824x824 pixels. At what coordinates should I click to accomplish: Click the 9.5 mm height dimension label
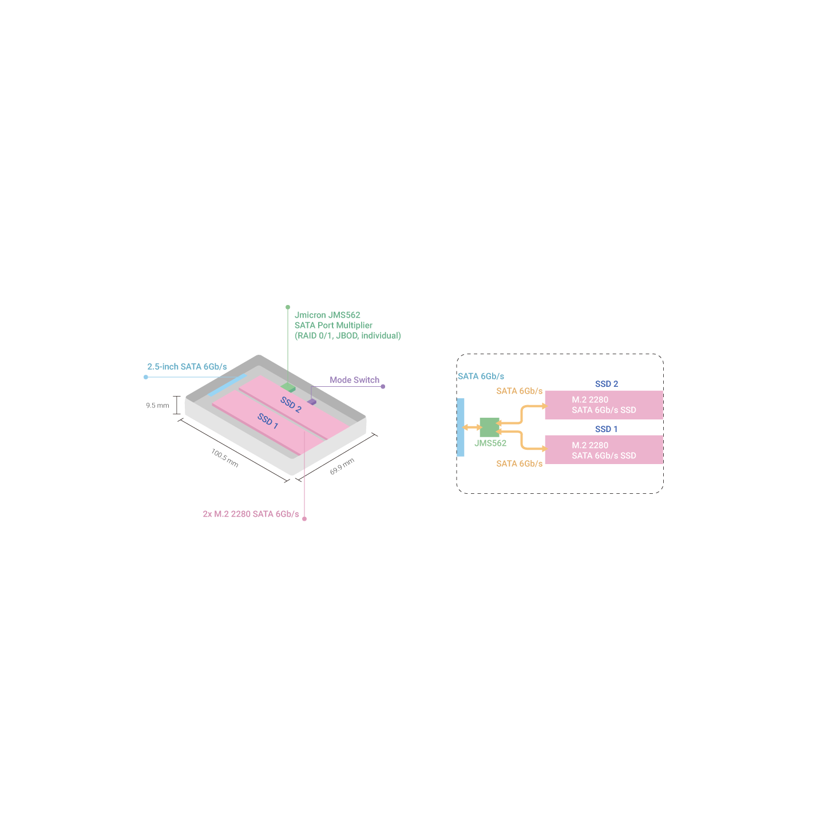157,405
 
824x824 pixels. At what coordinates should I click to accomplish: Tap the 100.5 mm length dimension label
224,458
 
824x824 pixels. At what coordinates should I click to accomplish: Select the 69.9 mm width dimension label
342,466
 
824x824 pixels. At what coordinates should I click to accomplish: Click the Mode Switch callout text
354,380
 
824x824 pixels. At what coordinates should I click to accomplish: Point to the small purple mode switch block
312,402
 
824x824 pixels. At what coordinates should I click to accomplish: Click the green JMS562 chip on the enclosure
288,388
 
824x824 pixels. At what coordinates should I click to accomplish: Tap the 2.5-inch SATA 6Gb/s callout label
187,366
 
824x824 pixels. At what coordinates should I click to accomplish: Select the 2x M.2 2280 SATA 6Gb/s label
251,514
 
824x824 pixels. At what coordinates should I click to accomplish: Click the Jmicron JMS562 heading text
327,315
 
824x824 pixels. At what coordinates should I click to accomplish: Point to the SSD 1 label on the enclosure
268,421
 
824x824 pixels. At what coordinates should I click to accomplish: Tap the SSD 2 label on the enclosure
291,404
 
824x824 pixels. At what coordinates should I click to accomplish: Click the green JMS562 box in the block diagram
489,427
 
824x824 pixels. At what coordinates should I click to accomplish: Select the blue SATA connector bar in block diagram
460,427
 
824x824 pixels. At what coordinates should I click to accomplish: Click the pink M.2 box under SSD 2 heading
604,405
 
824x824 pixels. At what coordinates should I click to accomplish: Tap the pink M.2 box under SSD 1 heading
604,449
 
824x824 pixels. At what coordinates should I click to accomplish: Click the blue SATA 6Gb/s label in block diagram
481,377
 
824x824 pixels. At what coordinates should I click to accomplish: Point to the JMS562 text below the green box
490,443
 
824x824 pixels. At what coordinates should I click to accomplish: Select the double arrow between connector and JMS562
472,427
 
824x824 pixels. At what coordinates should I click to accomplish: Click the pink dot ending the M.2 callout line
304,518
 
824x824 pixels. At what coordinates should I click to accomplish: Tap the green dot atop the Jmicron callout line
288,307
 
